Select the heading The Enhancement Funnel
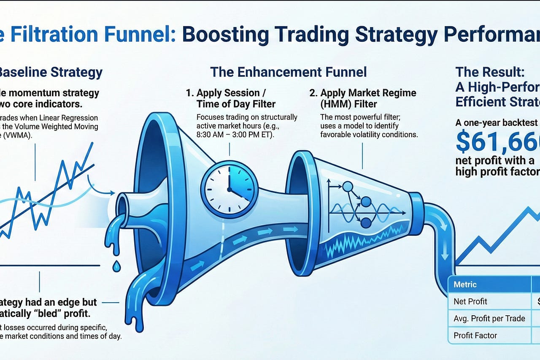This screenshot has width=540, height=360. pos(288,72)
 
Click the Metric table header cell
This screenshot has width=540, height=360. pos(465,284)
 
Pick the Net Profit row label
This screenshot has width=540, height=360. pos(470,301)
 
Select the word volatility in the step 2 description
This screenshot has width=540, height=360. pos(364,135)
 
